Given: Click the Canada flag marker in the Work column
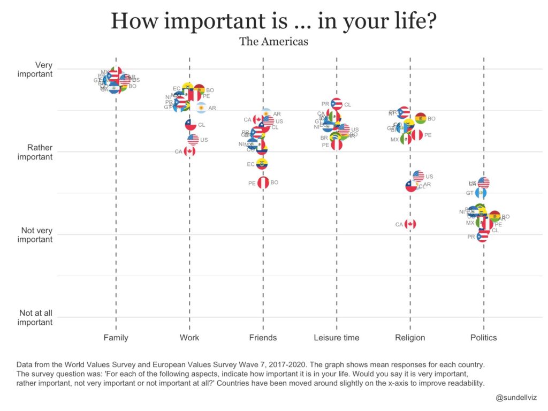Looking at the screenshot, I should point(189,151).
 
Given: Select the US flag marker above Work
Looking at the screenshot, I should point(193,140).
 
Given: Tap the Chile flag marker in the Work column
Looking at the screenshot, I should point(190,125).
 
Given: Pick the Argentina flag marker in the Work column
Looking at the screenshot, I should point(200,108).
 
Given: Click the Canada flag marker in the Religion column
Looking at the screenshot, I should point(410,224).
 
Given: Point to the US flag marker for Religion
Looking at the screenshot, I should point(418,176).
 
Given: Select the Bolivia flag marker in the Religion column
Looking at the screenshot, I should point(421,118).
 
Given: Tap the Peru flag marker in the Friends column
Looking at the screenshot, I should point(263,183).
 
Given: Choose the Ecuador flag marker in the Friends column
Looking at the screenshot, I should point(262,164).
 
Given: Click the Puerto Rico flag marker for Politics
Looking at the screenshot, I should point(482,237).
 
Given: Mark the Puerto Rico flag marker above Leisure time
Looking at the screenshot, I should point(337,104).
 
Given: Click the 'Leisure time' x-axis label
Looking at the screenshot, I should point(337,338).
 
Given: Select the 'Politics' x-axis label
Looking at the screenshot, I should point(483,338).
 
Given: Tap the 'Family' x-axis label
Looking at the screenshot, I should point(116,338).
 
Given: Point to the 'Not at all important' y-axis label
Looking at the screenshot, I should point(36,317).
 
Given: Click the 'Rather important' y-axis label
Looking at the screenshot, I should point(35,152).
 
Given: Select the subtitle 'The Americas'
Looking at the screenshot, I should point(273,41).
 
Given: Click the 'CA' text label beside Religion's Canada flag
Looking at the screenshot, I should point(399,225).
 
